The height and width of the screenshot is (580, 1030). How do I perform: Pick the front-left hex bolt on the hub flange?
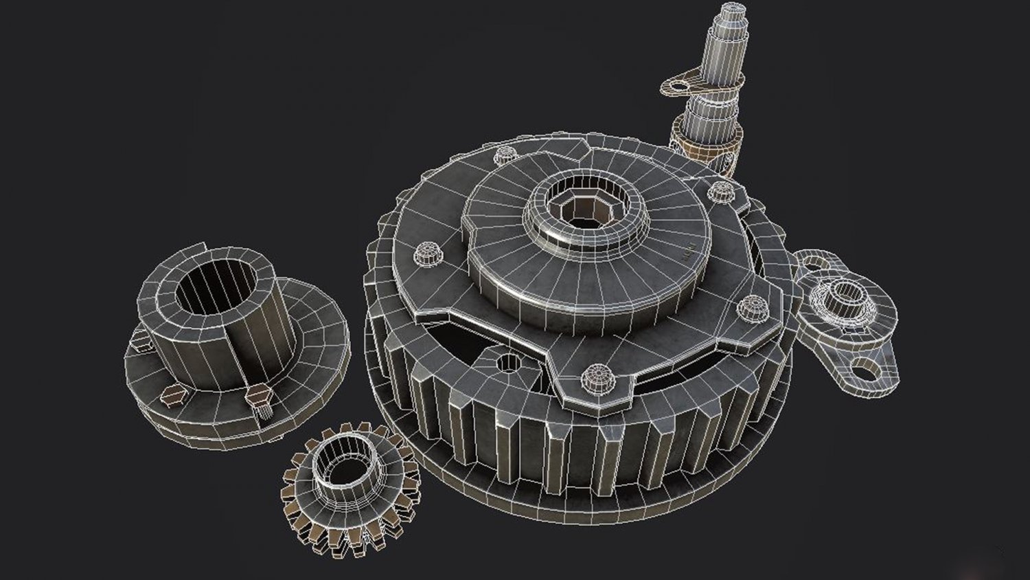point(169,394)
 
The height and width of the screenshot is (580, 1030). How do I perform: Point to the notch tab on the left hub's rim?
point(201,246)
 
